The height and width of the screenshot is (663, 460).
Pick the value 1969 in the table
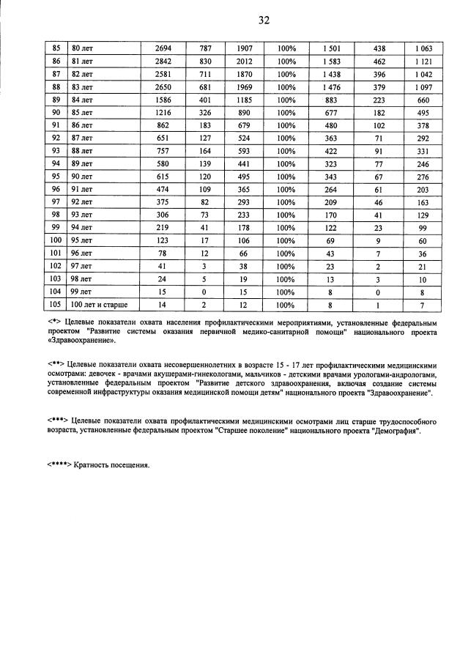pyautogui.click(x=245, y=87)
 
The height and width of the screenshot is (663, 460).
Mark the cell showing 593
pyautogui.click(x=245, y=151)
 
